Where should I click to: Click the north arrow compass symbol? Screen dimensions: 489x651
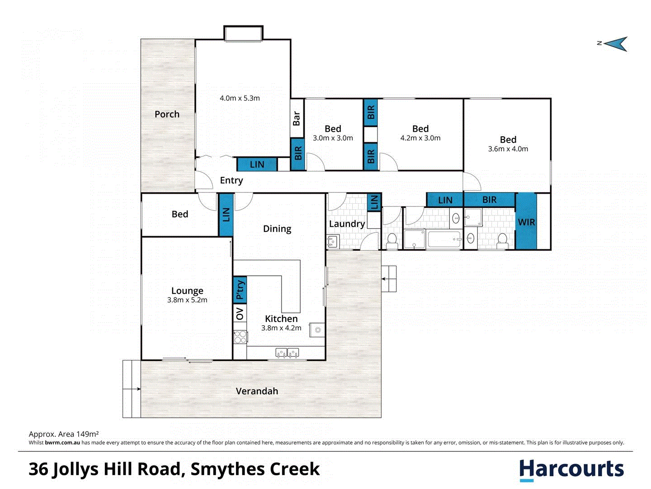pyautogui.click(x=616, y=44)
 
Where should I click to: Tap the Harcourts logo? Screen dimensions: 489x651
pyautogui.click(x=571, y=469)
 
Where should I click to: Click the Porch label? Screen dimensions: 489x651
pyautogui.click(x=167, y=114)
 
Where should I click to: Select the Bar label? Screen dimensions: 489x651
pyautogui.click(x=297, y=118)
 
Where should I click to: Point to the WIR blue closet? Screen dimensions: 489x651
pyautogui.click(x=526, y=222)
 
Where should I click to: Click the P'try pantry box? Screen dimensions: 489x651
pyautogui.click(x=240, y=290)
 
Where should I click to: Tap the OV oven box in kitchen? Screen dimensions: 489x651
pyautogui.click(x=240, y=313)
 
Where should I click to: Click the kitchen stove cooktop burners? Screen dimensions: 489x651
pyautogui.click(x=240, y=337)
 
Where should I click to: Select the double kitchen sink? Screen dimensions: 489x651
pyautogui.click(x=287, y=352)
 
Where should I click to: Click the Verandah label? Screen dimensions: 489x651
pyautogui.click(x=257, y=391)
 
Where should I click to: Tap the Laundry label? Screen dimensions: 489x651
pyautogui.click(x=347, y=224)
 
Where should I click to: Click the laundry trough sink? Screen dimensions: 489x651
pyautogui.click(x=333, y=242)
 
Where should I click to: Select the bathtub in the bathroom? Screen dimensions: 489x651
pyautogui.click(x=444, y=239)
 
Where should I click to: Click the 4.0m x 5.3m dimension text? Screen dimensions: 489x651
pyautogui.click(x=240, y=98)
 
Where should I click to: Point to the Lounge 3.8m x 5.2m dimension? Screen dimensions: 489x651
pyautogui.click(x=187, y=300)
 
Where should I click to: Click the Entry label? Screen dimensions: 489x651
pyautogui.click(x=231, y=180)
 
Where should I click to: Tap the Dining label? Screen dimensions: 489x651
pyautogui.click(x=277, y=229)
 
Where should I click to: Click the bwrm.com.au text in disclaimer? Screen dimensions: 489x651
pyautogui.click(x=62, y=443)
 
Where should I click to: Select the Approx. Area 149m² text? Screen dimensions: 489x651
pyautogui.click(x=64, y=434)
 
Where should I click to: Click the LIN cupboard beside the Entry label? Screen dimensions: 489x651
pyautogui.click(x=257, y=164)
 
